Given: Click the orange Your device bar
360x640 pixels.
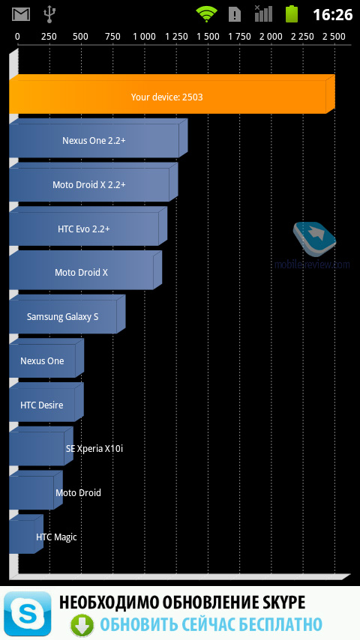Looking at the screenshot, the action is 172,94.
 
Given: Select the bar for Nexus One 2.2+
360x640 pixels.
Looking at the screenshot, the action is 98,139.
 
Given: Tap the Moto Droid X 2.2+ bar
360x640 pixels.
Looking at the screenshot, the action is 94,182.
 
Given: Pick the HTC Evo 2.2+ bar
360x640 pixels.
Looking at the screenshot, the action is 88,226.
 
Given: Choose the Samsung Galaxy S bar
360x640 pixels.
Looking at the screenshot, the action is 67,314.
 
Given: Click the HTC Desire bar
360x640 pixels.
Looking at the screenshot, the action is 46,402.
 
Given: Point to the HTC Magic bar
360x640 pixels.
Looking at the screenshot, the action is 26,534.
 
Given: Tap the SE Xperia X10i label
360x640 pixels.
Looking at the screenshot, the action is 94,449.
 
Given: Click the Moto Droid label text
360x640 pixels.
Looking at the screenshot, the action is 78,492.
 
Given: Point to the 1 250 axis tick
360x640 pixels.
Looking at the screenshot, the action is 176,37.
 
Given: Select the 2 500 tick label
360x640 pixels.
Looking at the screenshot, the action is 334,37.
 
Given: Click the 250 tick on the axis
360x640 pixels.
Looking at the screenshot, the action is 49,37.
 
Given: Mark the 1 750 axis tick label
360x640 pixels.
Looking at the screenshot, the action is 239,37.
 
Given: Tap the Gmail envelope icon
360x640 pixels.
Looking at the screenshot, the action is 21,14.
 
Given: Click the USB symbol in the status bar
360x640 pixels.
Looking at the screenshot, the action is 49,14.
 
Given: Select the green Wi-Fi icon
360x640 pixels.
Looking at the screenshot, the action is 206,14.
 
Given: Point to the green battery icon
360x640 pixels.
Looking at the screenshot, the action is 291,14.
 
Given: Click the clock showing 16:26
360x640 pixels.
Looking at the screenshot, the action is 332,15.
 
